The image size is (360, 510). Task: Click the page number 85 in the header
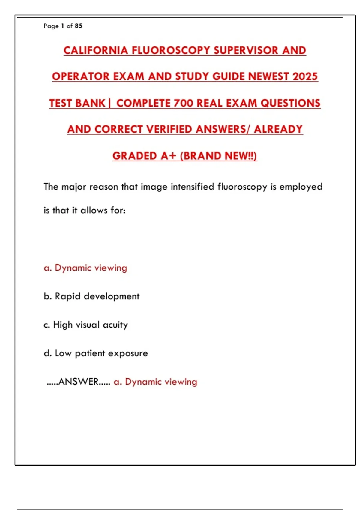[x=79, y=26]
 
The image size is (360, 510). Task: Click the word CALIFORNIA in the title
[x=96, y=50]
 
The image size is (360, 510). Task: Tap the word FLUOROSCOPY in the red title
[x=171, y=50]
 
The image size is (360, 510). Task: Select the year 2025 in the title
[x=305, y=76]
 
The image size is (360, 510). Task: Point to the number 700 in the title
[x=183, y=103]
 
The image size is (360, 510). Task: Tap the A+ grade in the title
[x=168, y=156]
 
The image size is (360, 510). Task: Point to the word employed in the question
[x=301, y=187]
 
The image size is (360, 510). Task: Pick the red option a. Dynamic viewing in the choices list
[x=85, y=268]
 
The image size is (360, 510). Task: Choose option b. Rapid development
[x=91, y=296]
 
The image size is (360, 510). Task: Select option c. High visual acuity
[x=86, y=325]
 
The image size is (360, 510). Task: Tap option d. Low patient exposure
[x=96, y=353]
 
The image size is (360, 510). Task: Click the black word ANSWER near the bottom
[x=79, y=382]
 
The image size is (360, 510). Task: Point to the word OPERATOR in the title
[x=81, y=76]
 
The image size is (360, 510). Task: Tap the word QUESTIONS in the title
[x=290, y=103]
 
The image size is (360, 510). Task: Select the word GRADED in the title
[x=135, y=156]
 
